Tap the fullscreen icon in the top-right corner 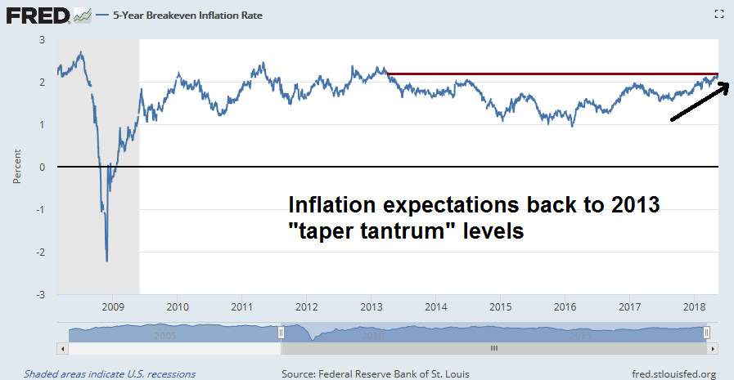pos(719,13)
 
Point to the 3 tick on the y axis pos(43,39)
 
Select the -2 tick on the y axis pos(41,251)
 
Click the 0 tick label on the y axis pos(43,167)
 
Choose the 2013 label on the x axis pos(371,307)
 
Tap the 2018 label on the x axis pos(694,307)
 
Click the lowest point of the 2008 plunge pos(107,260)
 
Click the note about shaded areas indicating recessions pos(109,373)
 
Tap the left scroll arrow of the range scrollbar pos(62,348)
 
